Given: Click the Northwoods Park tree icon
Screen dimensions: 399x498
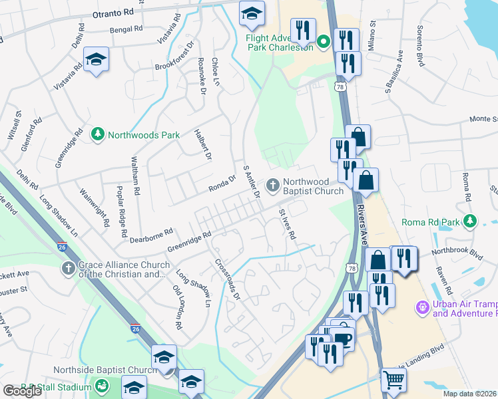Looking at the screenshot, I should click(98, 134).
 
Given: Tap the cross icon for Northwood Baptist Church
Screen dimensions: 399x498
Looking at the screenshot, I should click(273, 185).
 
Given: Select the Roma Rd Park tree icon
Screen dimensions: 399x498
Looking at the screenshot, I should click(471, 220).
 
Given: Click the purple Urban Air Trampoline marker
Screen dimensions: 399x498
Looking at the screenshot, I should click(421, 307).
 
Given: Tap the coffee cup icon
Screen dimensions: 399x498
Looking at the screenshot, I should click(343, 338).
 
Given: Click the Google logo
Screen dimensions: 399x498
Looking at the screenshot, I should click(22, 391).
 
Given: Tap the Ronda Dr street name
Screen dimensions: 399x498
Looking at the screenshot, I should click(223, 180).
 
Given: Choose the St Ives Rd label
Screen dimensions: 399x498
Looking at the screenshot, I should click(286, 224).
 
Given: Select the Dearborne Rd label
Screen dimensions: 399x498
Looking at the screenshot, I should click(151, 235).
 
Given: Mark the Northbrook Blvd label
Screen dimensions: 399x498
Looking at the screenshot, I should click(457, 253).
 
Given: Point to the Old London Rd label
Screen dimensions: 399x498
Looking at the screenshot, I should click(177, 307).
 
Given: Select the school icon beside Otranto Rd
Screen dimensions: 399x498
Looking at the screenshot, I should click(252, 13).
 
